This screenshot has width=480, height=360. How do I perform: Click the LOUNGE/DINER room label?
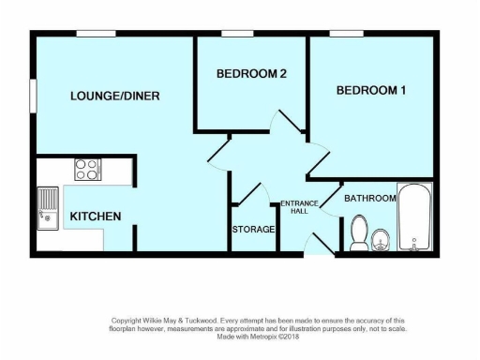click(x=115, y=96)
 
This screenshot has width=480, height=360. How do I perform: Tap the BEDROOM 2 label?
click(x=250, y=74)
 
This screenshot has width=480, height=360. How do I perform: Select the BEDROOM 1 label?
click(x=372, y=90)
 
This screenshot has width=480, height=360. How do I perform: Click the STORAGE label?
click(x=253, y=229)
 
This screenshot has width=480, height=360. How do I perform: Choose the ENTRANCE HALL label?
click(x=300, y=207)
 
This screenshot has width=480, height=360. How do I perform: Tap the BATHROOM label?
click(x=369, y=199)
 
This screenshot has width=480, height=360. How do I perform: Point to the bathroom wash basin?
click(x=381, y=240)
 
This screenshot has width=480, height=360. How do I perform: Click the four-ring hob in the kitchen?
click(x=88, y=170)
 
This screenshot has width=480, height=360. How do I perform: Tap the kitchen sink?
click(x=47, y=208)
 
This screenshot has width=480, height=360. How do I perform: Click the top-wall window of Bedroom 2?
click(x=237, y=34)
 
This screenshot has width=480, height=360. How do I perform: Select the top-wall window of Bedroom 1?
click(x=345, y=34)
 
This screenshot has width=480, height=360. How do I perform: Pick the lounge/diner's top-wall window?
click(x=96, y=34)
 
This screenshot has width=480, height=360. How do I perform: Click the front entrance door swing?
click(x=317, y=245)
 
